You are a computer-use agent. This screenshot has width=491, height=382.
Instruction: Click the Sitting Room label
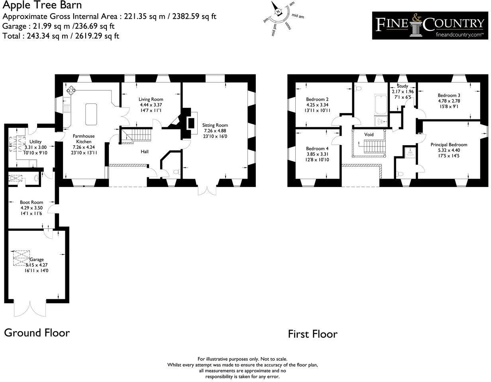tap(215, 125)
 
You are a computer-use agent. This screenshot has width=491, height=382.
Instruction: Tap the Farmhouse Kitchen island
tap(91, 114)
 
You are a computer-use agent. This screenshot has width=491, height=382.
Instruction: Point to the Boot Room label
tap(31, 203)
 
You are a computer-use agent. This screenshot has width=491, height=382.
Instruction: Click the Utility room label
tap(35, 142)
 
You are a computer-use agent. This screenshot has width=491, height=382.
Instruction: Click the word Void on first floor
tap(369, 134)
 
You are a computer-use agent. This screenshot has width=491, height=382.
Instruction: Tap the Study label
tap(403, 86)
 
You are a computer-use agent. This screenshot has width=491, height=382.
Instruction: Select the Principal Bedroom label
tap(449, 145)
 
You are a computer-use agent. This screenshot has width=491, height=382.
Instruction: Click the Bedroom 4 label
tap(317, 148)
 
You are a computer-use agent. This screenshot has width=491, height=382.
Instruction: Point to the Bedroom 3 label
tap(449, 95)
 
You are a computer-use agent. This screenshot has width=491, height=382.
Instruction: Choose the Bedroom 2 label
tap(317, 99)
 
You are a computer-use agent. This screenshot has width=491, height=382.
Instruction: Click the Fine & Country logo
tap(430, 25)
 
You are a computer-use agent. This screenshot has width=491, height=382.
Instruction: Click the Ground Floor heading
tap(37, 333)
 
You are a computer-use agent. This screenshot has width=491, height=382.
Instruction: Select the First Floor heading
tap(312, 334)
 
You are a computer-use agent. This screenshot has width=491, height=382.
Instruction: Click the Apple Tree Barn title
tap(42, 5)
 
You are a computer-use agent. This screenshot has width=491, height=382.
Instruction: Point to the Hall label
tap(145, 152)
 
